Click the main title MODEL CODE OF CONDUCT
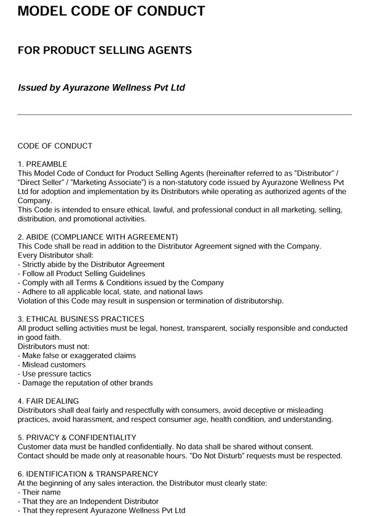(x=111, y=12)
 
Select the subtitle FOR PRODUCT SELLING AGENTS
(x=105, y=50)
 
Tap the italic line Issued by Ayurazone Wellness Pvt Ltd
(x=101, y=87)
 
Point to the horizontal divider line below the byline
(x=184, y=114)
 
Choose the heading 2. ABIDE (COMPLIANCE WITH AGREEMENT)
(x=98, y=237)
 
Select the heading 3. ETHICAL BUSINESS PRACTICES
(x=81, y=319)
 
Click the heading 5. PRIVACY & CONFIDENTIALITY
(x=77, y=437)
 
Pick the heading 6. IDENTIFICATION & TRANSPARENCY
(x=88, y=474)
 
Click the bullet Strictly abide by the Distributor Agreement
(x=91, y=265)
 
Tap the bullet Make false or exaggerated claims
(x=77, y=356)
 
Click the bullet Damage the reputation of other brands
(x=85, y=383)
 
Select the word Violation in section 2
(x=34, y=301)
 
